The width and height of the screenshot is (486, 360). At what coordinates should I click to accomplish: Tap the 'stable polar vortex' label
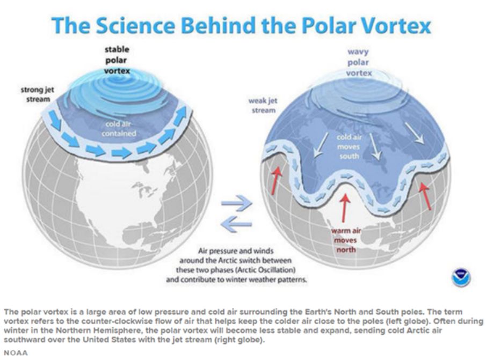(x=117, y=60)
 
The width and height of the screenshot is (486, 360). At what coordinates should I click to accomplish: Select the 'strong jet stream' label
(x=38, y=94)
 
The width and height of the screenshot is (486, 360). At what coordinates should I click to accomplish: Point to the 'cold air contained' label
(x=119, y=129)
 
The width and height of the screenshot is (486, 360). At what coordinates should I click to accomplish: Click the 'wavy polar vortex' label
(x=359, y=62)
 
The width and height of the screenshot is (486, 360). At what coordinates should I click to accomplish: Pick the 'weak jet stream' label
(x=263, y=105)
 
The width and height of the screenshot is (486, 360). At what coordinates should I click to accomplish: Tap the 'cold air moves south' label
(x=349, y=146)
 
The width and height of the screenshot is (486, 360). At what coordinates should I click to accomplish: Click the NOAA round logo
(x=461, y=278)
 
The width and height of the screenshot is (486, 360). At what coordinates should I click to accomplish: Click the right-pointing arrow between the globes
(x=237, y=203)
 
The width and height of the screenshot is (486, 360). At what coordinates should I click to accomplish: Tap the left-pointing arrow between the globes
(x=236, y=224)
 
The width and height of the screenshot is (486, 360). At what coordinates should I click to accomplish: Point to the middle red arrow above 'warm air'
(x=344, y=208)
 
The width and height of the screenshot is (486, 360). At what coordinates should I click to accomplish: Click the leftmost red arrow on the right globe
(x=276, y=181)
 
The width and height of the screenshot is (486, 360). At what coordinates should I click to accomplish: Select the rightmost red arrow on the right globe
(x=425, y=196)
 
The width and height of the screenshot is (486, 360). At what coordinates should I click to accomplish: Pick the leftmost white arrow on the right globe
(x=321, y=145)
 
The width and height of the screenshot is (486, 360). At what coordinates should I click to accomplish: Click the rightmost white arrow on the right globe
(x=414, y=134)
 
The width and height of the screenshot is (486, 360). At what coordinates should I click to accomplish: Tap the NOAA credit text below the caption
(x=16, y=353)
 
